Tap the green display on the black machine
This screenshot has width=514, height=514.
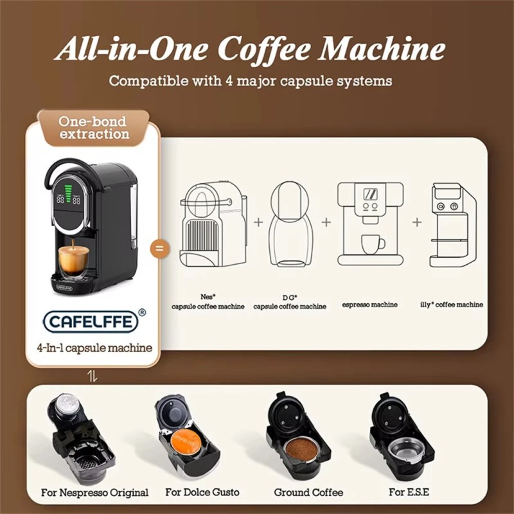[68, 195]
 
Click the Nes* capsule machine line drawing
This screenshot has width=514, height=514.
[212, 224]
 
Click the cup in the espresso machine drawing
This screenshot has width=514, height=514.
[372, 244]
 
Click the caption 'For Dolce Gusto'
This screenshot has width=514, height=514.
[202, 493]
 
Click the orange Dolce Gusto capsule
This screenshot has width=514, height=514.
[186, 443]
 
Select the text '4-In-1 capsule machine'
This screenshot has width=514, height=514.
[94, 348]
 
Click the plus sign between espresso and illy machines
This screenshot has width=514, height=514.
[417, 222]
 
